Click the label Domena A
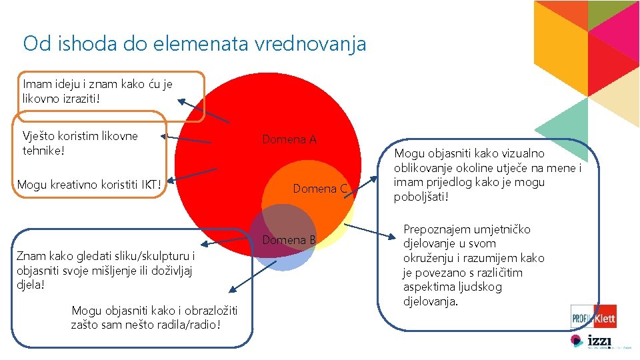[x=289, y=139]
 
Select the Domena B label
[x=289, y=240]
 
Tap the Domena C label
[x=320, y=189]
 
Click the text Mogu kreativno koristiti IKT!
[x=89, y=184]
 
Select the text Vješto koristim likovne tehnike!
[x=80, y=143]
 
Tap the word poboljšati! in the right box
[x=421, y=197]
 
